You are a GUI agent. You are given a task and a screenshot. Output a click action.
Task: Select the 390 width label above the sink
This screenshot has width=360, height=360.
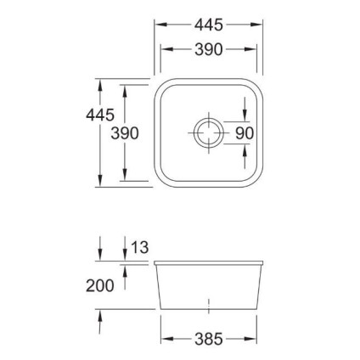[206, 50]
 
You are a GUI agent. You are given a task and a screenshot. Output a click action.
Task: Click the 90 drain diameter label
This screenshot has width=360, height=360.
[245, 133]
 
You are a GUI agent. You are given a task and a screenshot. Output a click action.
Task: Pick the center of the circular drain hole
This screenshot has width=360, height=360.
[206, 132]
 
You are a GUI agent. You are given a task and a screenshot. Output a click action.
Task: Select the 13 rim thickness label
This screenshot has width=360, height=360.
[140, 248]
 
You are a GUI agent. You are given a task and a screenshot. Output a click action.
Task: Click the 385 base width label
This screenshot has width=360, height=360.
[206, 340]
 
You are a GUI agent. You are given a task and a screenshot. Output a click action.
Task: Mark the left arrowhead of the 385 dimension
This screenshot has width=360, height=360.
[164, 340]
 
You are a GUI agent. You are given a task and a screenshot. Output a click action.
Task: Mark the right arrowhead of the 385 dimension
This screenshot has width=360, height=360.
[252, 340]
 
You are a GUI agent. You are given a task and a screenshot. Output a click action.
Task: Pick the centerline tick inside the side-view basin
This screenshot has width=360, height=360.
[207, 301]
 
